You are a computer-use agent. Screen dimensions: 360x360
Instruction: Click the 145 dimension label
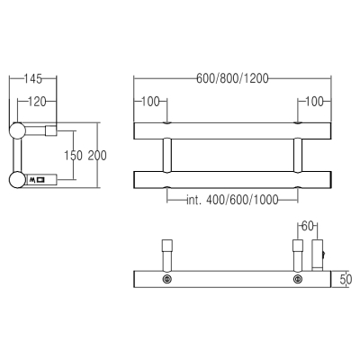coord(33,79)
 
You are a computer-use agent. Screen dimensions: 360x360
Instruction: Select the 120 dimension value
coord(37,102)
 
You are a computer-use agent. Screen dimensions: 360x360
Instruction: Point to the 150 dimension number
coord(73,156)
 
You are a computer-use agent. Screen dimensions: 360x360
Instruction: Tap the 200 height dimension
coord(97,156)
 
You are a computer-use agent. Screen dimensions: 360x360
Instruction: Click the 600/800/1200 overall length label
coord(232,78)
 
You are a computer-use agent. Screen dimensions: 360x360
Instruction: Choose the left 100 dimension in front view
coord(150,102)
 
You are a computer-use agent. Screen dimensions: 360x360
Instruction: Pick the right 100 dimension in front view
coord(314,102)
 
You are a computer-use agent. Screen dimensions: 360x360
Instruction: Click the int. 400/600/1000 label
coord(232,200)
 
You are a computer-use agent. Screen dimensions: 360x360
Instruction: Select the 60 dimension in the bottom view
coord(307,226)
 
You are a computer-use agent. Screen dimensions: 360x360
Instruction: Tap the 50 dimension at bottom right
coord(346,280)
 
